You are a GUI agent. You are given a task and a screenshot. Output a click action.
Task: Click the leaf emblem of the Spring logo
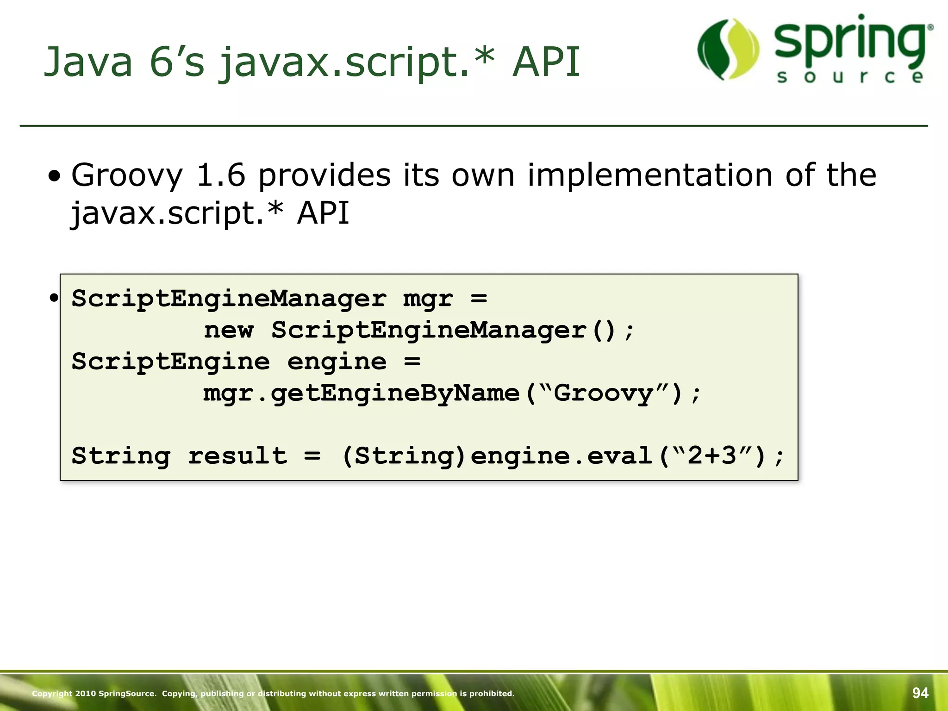click(728, 49)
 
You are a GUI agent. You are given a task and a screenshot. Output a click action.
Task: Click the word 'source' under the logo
click(850, 77)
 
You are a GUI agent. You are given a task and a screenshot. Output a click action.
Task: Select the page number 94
click(920, 693)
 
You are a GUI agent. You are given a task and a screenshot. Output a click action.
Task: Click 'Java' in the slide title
click(88, 62)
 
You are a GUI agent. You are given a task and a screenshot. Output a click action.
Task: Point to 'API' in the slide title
click(546, 62)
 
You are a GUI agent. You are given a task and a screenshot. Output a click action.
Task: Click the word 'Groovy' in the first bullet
click(127, 176)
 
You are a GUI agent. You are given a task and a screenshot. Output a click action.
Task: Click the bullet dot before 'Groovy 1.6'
click(55, 176)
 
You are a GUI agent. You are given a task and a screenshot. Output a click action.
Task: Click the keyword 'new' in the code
click(229, 331)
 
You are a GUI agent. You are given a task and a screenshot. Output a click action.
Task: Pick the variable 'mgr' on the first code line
click(428, 299)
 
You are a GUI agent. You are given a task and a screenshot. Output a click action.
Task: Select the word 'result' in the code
click(237, 456)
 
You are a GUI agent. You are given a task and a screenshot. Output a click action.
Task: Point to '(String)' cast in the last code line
click(403, 456)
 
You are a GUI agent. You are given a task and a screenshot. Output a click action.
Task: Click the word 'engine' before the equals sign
click(337, 362)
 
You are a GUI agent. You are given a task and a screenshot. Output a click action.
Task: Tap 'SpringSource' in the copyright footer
click(127, 693)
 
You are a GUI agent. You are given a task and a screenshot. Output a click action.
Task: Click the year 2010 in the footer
click(85, 693)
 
